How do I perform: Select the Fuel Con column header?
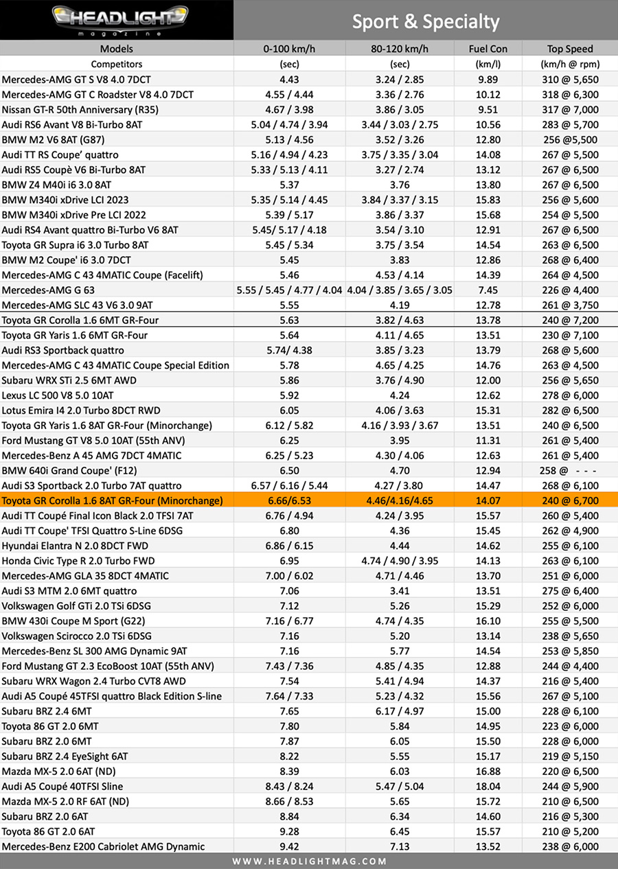point(488,49)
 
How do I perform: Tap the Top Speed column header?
point(570,49)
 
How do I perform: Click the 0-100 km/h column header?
point(288,49)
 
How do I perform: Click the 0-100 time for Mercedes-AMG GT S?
point(288,80)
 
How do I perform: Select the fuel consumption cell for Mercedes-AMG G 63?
point(488,290)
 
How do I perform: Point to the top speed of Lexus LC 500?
point(570,395)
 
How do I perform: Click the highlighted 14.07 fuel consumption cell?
point(488,501)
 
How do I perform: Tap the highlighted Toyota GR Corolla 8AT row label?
point(113,501)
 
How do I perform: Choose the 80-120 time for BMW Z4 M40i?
point(398,185)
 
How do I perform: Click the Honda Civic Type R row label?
point(78,561)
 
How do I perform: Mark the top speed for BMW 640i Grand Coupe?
point(570,471)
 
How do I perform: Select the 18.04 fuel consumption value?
point(488,786)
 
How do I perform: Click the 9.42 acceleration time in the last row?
point(288,846)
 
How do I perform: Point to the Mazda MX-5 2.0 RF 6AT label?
point(66,801)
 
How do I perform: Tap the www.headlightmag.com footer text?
point(309,861)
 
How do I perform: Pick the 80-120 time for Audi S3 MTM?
point(398,591)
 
